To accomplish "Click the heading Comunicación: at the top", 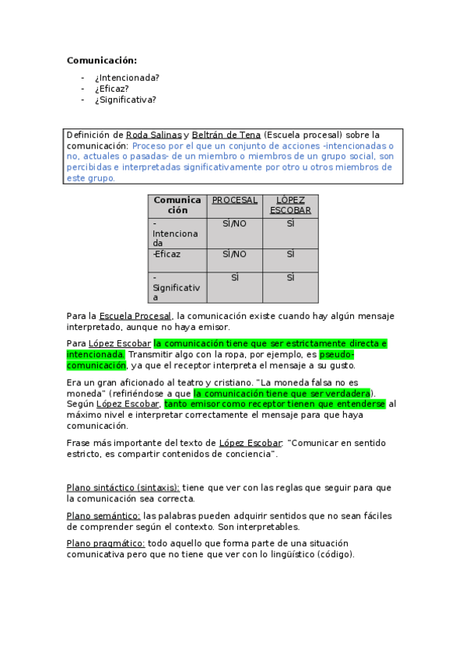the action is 101,60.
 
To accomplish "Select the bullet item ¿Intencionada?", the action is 127,77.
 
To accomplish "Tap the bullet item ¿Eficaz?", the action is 111,88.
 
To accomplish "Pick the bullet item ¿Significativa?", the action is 124,99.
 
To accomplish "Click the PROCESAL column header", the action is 234,200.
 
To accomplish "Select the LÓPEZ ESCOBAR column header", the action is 290,205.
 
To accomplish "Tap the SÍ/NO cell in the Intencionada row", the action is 234,223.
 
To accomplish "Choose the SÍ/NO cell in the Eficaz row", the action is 234,254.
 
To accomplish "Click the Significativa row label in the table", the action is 177,287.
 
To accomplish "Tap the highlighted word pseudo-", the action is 336,354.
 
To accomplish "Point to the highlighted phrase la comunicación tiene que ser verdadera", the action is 282,393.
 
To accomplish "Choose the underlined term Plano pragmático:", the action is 106,543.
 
